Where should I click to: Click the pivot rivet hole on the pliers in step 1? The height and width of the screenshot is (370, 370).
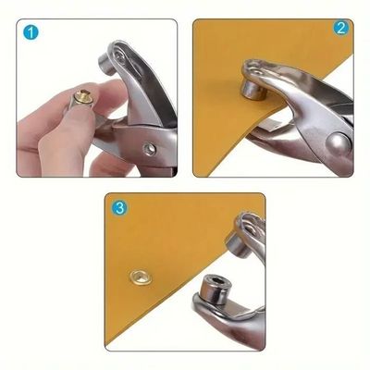click(x=149, y=147)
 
